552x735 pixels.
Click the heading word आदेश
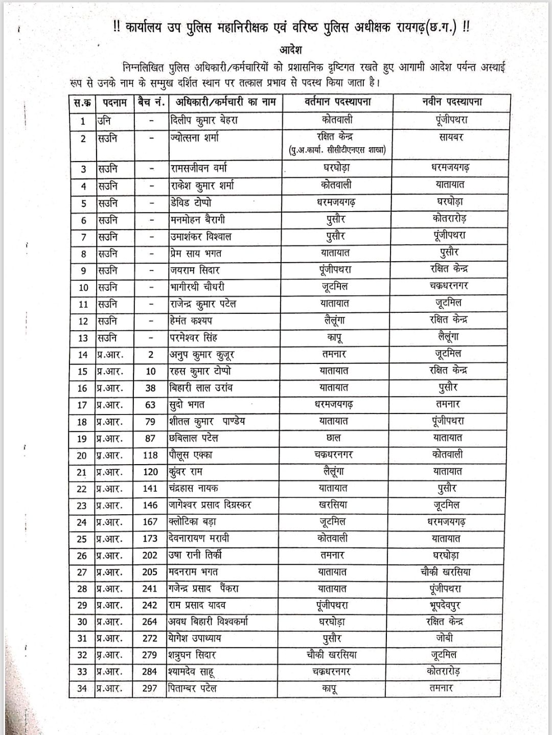291,50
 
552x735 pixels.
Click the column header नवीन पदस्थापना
448,102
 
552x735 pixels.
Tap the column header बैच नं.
151,102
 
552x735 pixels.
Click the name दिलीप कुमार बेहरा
203,121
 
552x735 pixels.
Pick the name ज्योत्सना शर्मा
195,137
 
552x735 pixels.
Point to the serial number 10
83,287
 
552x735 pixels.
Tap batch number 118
150,455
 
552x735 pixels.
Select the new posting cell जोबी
444,638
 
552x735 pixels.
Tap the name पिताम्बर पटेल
193,688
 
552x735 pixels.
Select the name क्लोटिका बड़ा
192,522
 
